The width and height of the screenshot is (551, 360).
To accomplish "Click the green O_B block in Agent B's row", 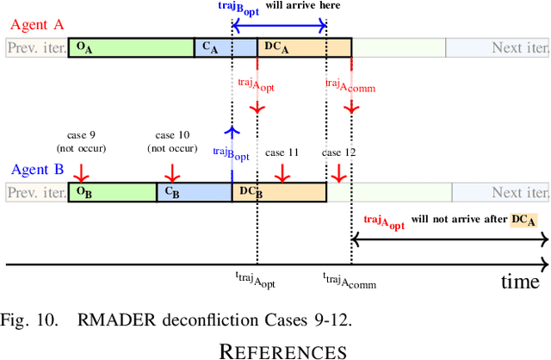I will [x=113, y=191].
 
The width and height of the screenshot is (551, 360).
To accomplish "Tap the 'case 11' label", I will [x=282, y=152].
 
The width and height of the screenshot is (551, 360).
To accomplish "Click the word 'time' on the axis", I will [x=520, y=281].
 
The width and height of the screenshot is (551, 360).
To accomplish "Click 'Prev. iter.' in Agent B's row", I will [x=36, y=191].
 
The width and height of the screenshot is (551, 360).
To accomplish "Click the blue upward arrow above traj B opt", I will [x=232, y=131].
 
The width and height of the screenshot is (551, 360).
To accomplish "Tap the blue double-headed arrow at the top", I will [x=279, y=28].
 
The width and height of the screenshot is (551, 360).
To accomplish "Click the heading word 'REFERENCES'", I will [x=283, y=350].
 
